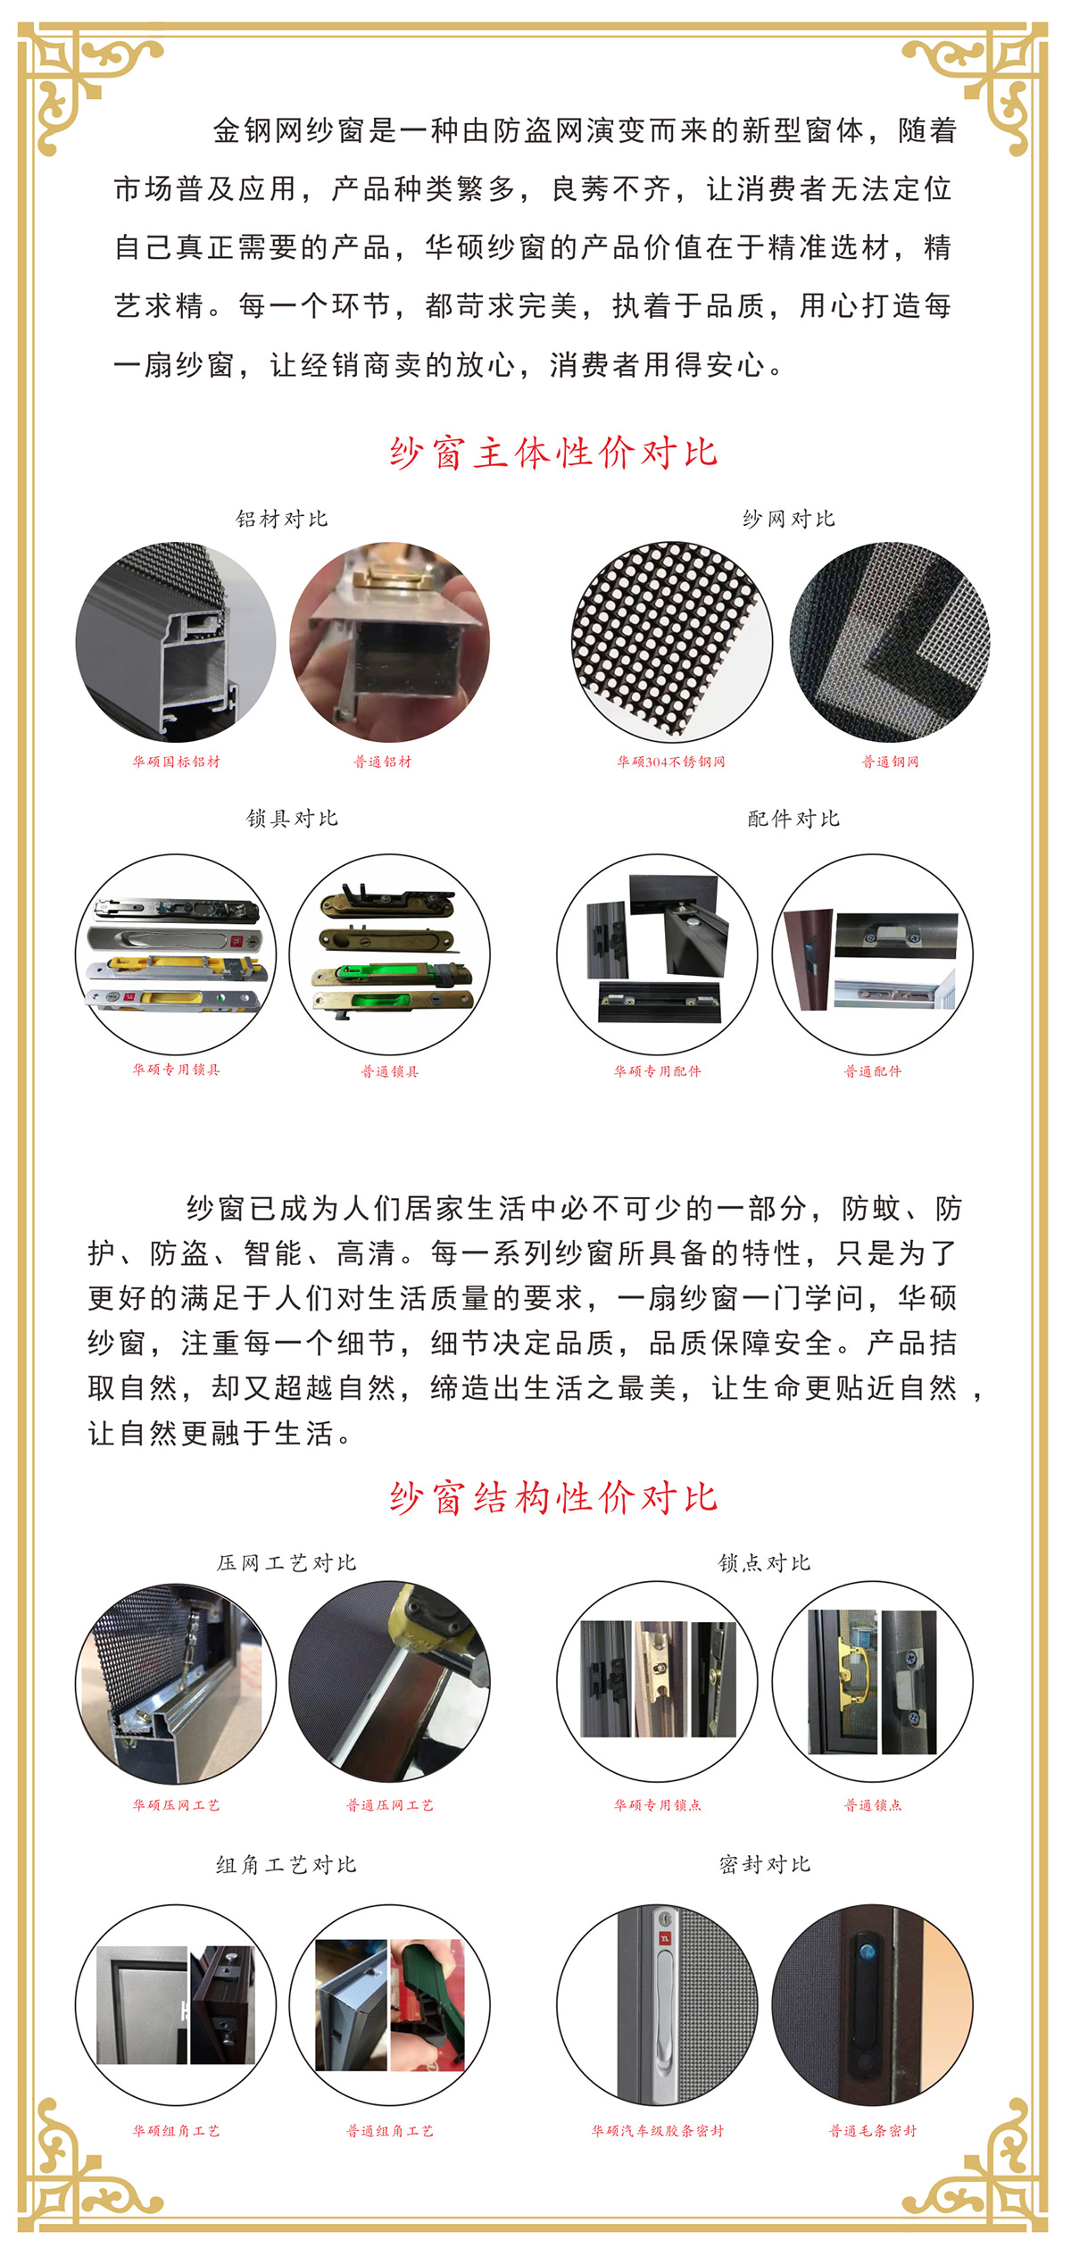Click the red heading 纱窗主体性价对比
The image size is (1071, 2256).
pyautogui.click(x=553, y=453)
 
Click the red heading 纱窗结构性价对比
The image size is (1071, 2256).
pyautogui.click(x=553, y=1497)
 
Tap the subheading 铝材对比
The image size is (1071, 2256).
pyautogui.click(x=282, y=519)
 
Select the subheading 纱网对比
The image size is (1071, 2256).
pyautogui.click(x=789, y=519)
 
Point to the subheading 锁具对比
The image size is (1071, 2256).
pyautogui.click(x=293, y=818)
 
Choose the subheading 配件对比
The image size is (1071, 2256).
pyautogui.click(x=794, y=818)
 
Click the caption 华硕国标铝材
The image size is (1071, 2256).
pyautogui.click(x=176, y=762)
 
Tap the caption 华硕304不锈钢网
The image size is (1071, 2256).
pyautogui.click(x=671, y=762)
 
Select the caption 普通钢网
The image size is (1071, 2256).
pyautogui.click(x=890, y=762)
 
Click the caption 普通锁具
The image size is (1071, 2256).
pyautogui.click(x=390, y=1071)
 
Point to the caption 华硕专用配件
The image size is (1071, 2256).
pyautogui.click(x=658, y=1071)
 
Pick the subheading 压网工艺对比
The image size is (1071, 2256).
pyautogui.click(x=286, y=1562)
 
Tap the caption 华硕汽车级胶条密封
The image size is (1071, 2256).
pyautogui.click(x=658, y=2131)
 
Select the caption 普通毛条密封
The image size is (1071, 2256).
pyautogui.click(x=873, y=2131)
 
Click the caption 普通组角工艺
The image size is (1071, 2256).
pyautogui.click(x=390, y=2131)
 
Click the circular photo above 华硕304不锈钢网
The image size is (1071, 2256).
pyautogui.click(x=671, y=642)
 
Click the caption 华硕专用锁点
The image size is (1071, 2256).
pyautogui.click(x=658, y=1805)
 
